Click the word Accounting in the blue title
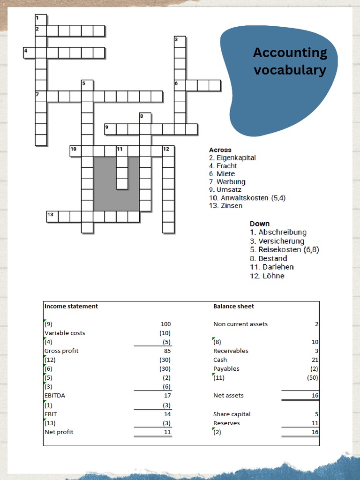tap(290, 52)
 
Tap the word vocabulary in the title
tap(290, 70)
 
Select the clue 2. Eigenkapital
tap(232, 158)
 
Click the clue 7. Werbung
tap(227, 182)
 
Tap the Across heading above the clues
tap(220, 150)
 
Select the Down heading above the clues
tap(260, 224)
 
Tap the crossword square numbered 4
tap(29, 52)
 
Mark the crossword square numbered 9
tap(110, 129)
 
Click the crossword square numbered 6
tap(180, 85)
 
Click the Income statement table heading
tap(71, 306)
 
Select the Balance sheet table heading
tap(233, 306)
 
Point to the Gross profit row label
tap(61, 351)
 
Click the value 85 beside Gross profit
tap(167, 351)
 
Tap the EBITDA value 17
tap(167, 395)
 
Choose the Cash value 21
tap(315, 360)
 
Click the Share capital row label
tap(232, 414)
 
